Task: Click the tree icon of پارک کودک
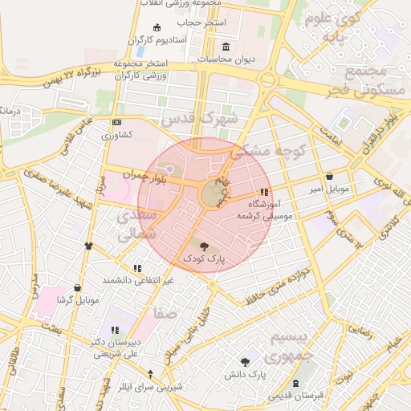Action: point(201,246)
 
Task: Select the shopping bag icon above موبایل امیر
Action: point(330,177)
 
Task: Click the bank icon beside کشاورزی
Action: point(117,122)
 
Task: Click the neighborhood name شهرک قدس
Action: point(200,119)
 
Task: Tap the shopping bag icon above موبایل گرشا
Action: point(77,287)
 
